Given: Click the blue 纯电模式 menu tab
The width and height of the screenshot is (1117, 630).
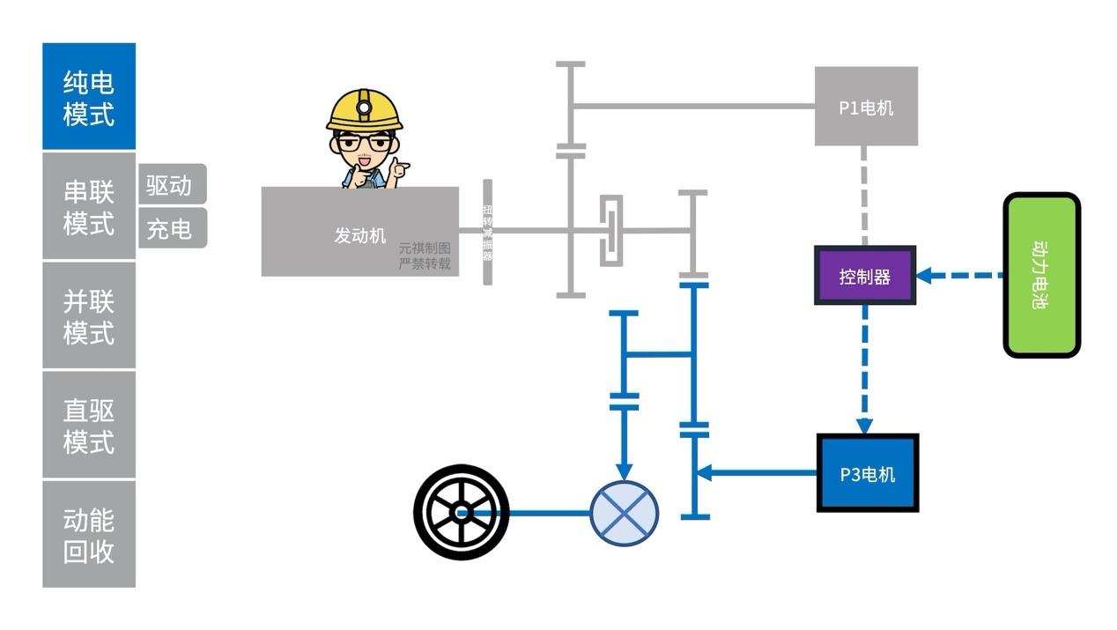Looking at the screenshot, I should pyautogui.click(x=89, y=97).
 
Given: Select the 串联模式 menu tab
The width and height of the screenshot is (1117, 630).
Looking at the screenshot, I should pyautogui.click(x=89, y=207).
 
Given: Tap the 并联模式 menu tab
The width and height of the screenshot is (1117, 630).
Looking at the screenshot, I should pyautogui.click(x=89, y=316).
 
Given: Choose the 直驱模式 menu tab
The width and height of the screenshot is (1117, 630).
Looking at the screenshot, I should pyautogui.click(x=89, y=426).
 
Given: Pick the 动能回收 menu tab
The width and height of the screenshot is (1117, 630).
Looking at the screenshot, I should pyautogui.click(x=89, y=535).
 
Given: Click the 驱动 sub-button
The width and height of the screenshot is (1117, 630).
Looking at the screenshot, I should pyautogui.click(x=171, y=185).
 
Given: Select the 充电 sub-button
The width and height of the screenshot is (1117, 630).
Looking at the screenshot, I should pyautogui.click(x=171, y=229).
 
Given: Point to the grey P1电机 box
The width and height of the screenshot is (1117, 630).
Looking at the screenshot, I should pyautogui.click(x=866, y=107).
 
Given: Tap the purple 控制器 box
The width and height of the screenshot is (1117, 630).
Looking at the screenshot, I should pyautogui.click(x=865, y=277).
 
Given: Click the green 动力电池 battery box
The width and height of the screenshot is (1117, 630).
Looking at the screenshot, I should pyautogui.click(x=1042, y=275).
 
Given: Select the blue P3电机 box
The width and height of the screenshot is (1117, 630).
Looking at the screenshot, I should pyautogui.click(x=868, y=474).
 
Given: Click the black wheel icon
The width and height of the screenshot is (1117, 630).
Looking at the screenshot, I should pyautogui.click(x=462, y=512).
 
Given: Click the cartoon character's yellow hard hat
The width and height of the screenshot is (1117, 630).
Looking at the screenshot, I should pyautogui.click(x=364, y=110).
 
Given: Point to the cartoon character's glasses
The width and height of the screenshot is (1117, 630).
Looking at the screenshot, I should pyautogui.click(x=363, y=141).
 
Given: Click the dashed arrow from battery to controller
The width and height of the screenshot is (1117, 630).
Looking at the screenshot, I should pyautogui.click(x=960, y=276).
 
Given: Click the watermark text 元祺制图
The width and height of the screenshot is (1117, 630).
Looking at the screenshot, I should pyautogui.click(x=425, y=248).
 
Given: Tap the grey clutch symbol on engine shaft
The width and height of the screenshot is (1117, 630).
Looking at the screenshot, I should pyautogui.click(x=610, y=231).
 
